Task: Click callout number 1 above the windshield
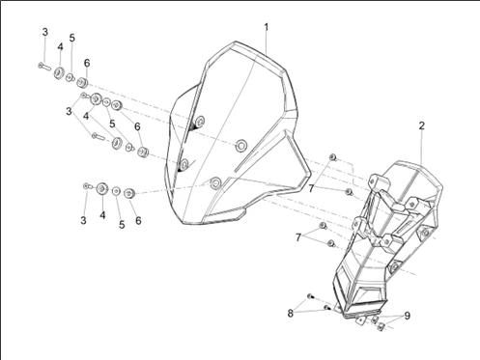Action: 267,27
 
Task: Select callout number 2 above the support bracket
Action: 422,125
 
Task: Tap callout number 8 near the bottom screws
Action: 291,313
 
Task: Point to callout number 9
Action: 408,316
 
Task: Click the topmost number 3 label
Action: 45,32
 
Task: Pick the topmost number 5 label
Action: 72,38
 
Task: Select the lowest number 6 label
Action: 138,221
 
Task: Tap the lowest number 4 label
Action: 102,215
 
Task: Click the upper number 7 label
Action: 311,189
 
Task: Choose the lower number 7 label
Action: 298,237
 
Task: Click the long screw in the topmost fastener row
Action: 44,67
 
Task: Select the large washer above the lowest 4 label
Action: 102,188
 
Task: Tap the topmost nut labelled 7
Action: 333,157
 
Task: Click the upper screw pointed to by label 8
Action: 310,296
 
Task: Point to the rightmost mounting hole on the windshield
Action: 240,146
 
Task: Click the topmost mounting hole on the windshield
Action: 200,121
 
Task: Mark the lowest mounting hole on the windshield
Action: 215,183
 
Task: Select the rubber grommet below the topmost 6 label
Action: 82,83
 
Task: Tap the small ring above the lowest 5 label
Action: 116,191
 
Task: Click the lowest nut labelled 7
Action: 331,243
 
